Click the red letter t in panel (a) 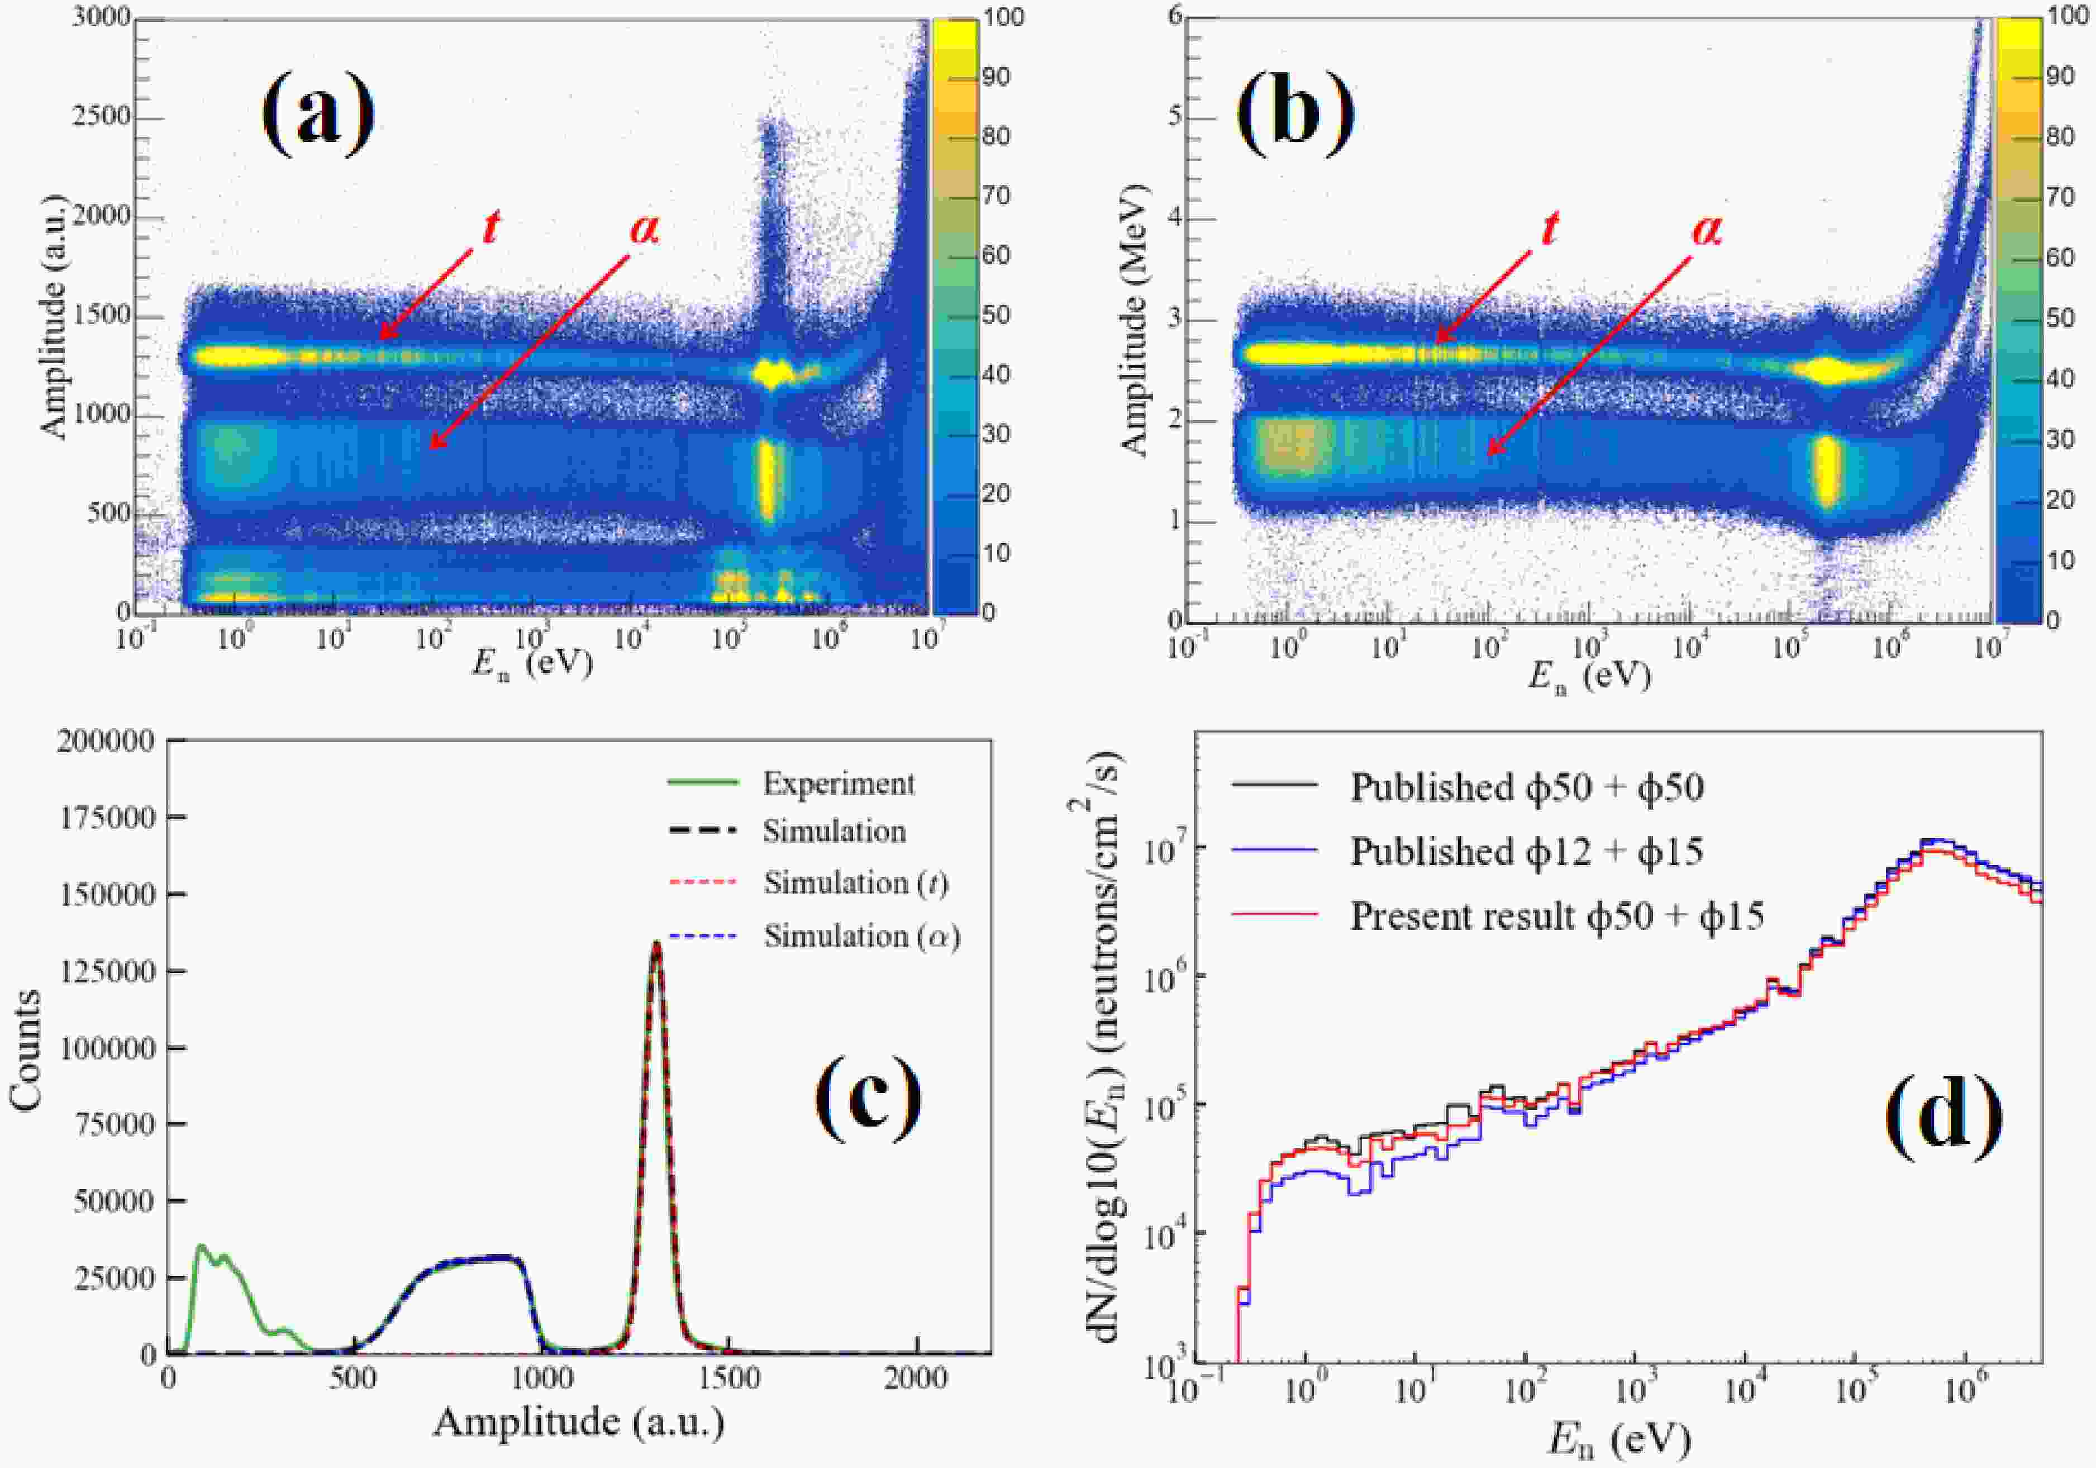tap(491, 227)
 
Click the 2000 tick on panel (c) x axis tap(917, 1377)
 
